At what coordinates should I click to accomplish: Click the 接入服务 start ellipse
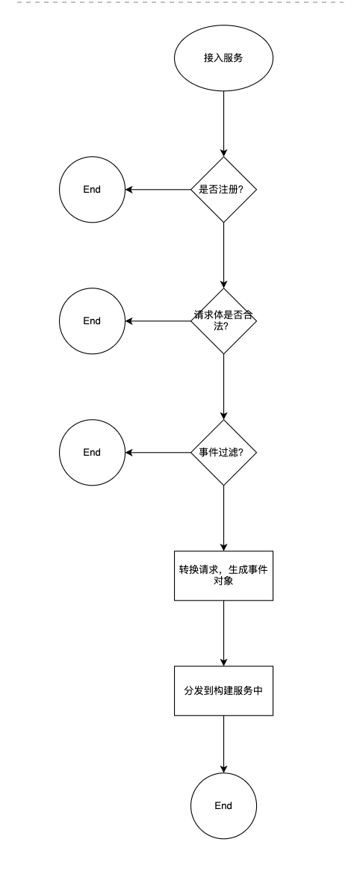click(223, 58)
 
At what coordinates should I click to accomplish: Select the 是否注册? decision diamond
click(223, 189)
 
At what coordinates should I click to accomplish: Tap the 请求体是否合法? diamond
click(223, 321)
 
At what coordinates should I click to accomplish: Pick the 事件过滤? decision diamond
click(223, 453)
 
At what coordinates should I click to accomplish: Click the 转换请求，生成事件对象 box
click(223, 575)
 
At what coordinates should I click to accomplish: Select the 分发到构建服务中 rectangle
click(223, 690)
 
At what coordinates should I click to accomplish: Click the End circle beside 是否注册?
click(92, 189)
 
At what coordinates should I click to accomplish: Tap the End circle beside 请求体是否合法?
click(92, 321)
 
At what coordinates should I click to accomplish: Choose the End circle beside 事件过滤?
click(92, 453)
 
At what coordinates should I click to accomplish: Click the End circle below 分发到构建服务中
click(223, 805)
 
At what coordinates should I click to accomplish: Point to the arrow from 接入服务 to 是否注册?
click(223, 123)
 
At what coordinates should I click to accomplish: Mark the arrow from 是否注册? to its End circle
click(158, 189)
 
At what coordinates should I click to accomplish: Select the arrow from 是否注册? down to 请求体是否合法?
click(223, 255)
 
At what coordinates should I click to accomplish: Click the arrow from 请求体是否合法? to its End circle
click(158, 321)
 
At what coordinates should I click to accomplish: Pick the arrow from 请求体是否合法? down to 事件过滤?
click(223, 387)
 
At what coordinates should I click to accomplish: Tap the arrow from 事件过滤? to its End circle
click(158, 453)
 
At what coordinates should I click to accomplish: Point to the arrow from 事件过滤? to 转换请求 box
click(223, 518)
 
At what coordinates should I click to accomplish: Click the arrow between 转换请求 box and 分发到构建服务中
click(223, 634)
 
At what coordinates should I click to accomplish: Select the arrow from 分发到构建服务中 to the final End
click(223, 744)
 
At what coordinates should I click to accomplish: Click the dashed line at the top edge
click(180, 2)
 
